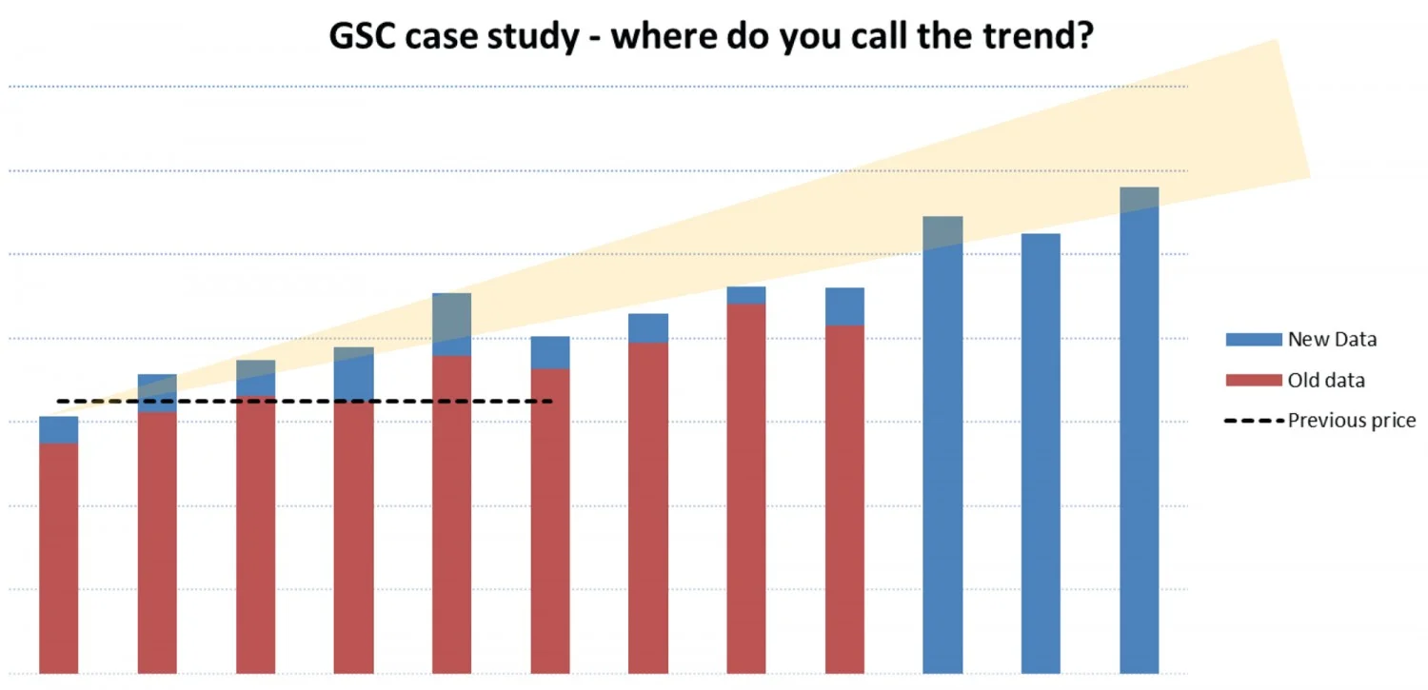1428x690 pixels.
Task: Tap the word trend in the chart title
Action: click(1023, 36)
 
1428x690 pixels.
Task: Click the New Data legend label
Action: click(1332, 339)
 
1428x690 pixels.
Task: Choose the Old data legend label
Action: click(1326, 381)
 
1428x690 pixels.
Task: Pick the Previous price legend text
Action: click(1352, 421)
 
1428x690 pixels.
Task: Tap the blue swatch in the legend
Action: click(1253, 339)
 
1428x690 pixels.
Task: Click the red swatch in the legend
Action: click(1253, 381)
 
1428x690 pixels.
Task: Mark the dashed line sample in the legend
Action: click(1253, 421)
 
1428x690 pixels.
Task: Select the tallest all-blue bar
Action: click(1139, 438)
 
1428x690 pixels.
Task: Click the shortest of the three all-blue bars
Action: click(1041, 457)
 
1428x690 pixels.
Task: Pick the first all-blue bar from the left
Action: click(942, 447)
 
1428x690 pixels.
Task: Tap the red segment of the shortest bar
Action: click(59, 557)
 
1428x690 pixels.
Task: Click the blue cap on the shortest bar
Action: click(59, 430)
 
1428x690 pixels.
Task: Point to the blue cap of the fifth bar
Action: click(452, 325)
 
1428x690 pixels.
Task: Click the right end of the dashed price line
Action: click(550, 402)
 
